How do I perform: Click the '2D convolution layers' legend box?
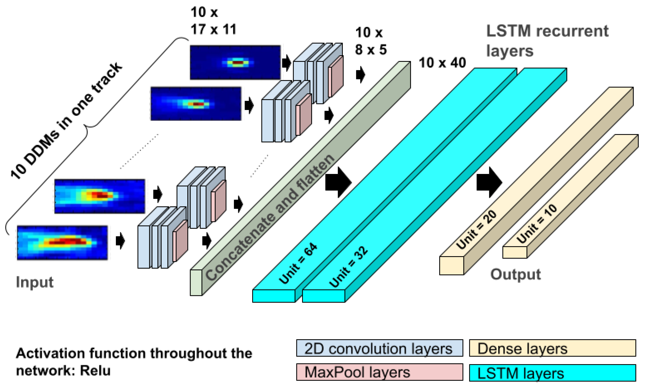tap(379, 348)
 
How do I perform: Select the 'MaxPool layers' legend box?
tap(379, 372)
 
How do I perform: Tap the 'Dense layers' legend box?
tap(552, 348)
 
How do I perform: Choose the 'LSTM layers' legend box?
tap(552, 373)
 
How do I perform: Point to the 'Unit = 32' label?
tap(348, 267)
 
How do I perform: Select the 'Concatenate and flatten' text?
tap(269, 217)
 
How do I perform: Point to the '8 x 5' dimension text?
tap(371, 49)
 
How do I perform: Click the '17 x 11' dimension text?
tap(213, 29)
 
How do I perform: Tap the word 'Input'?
tap(35, 282)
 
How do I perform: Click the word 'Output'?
tap(515, 274)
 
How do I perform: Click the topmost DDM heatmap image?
tap(235, 62)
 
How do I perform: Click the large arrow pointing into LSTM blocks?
tap(338, 182)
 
